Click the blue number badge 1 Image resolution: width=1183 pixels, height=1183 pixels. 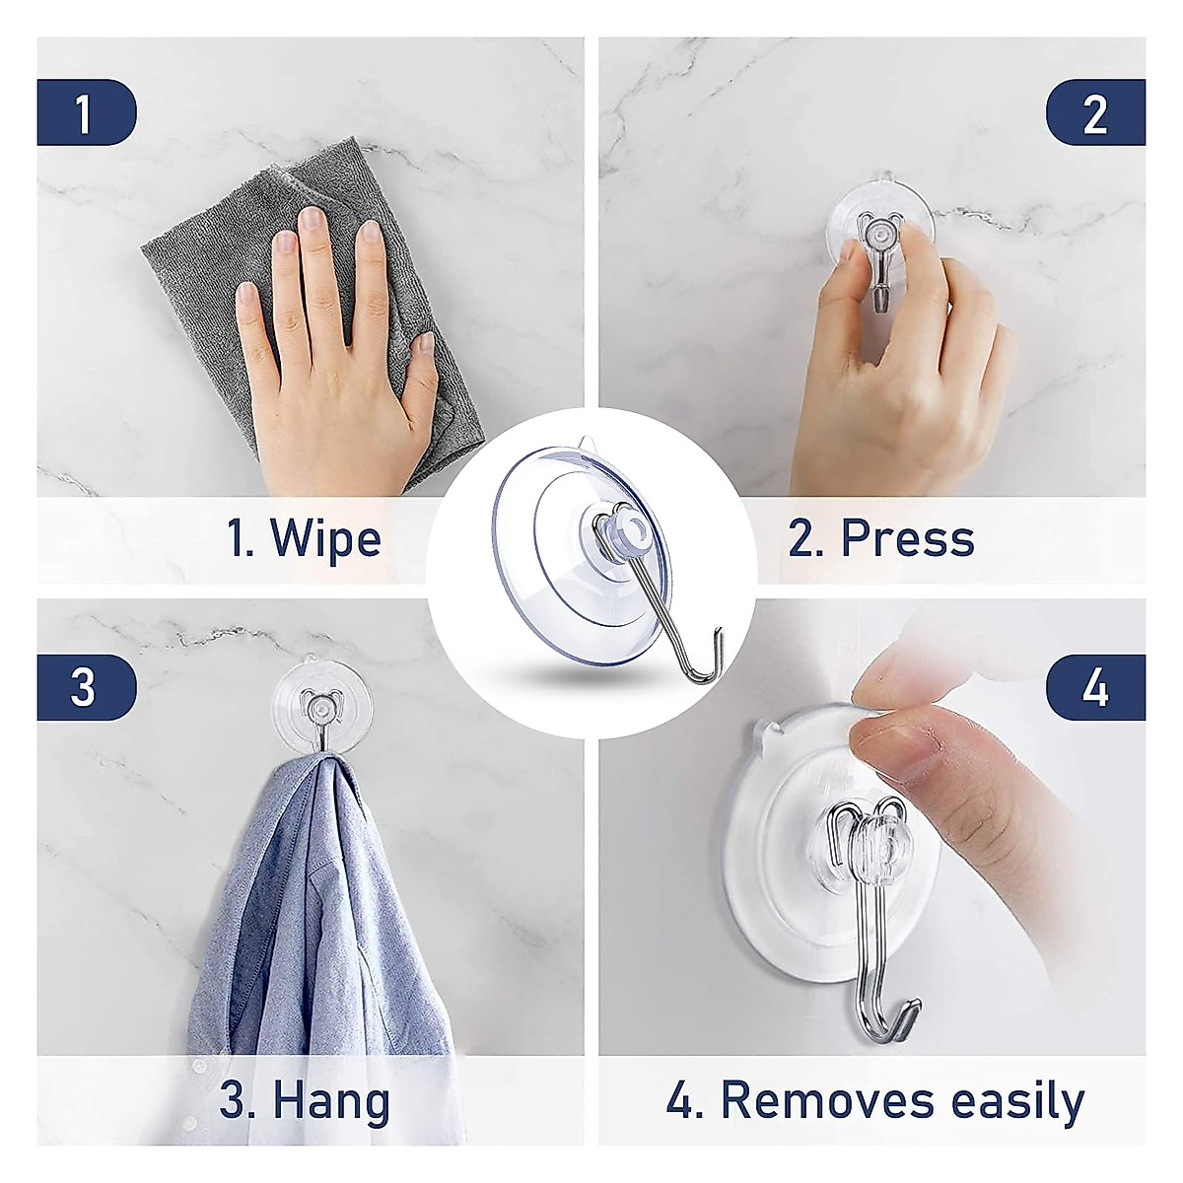[85, 113]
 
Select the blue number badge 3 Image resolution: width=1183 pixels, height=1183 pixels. [85, 687]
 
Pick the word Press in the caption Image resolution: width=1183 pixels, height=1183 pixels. [908, 539]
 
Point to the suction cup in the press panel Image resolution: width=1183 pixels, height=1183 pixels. [880, 222]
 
